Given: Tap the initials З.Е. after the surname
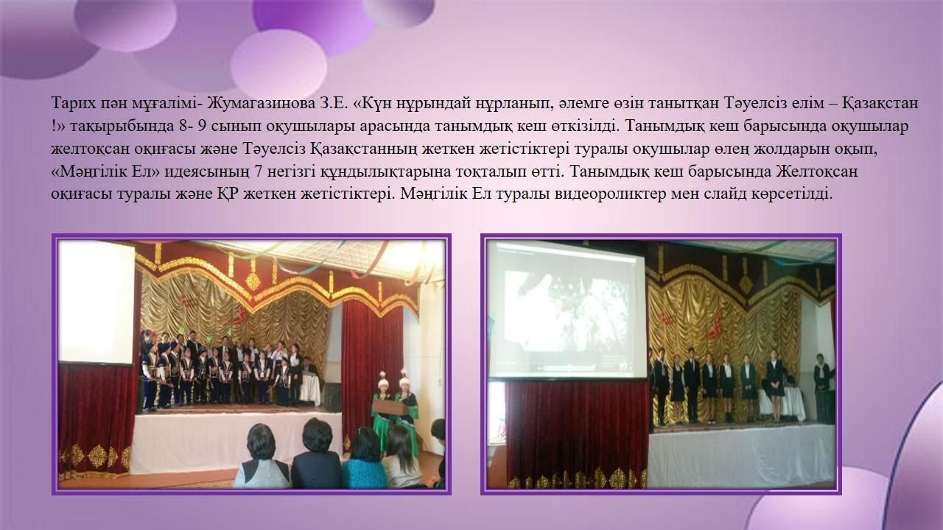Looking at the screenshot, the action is pyautogui.click(x=331, y=104).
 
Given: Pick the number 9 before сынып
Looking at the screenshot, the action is pyautogui.click(x=202, y=126).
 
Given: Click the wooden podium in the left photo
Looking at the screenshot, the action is pyautogui.click(x=389, y=407).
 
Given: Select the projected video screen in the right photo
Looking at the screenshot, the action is pyautogui.click(x=566, y=310).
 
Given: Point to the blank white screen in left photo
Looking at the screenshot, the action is pyautogui.click(x=97, y=302).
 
